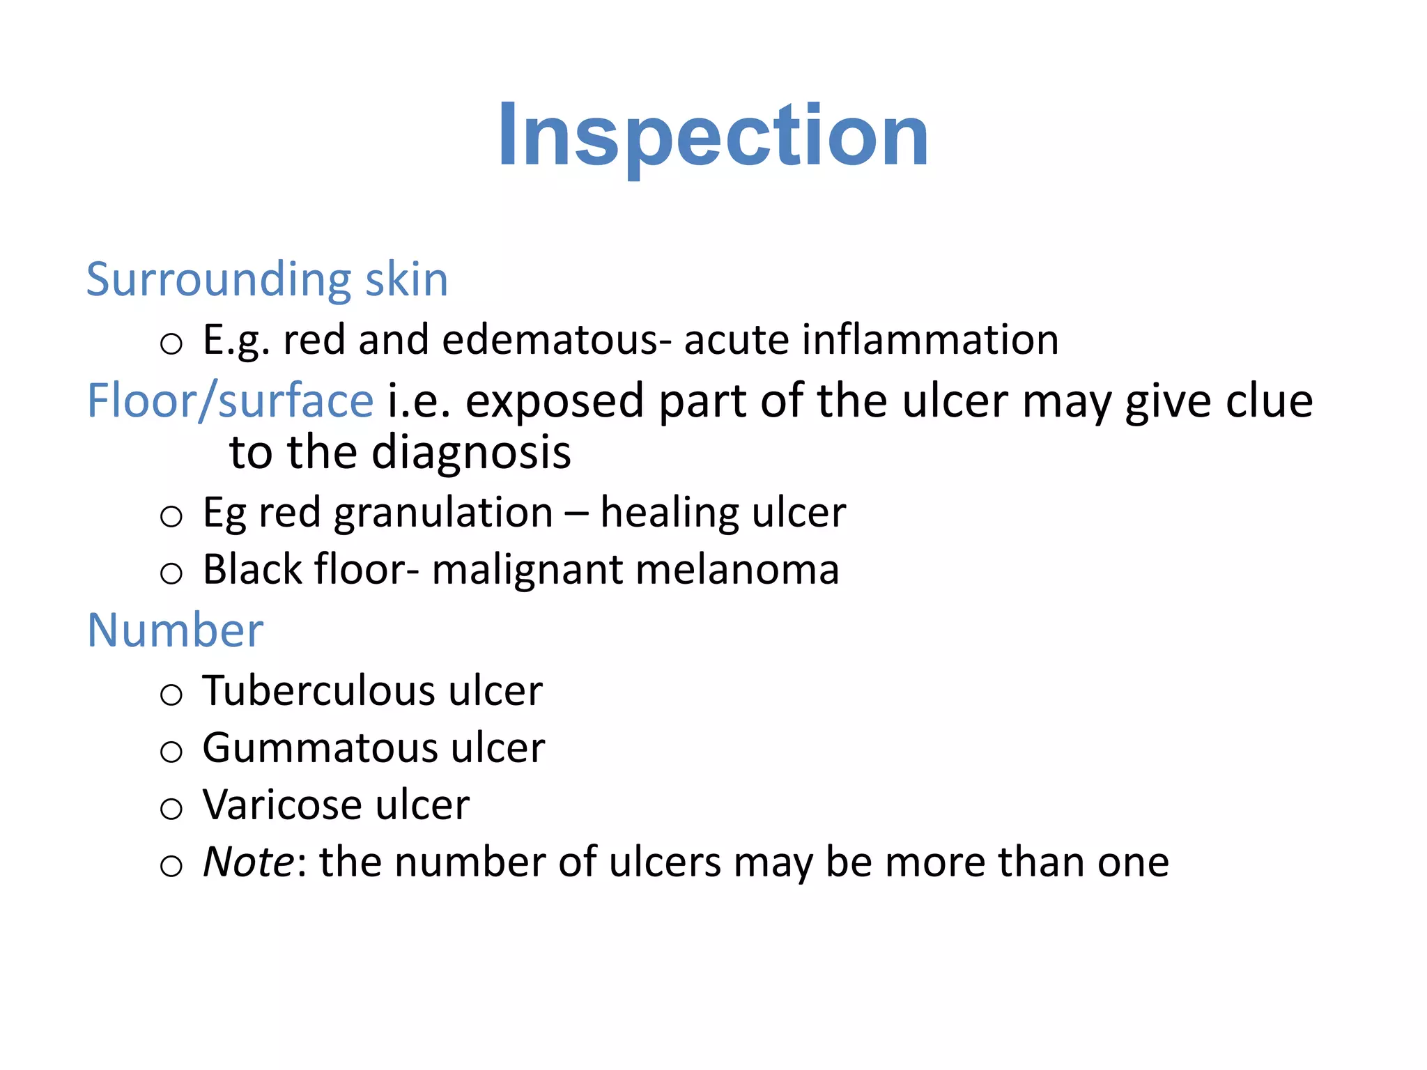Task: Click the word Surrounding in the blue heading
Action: [217, 280]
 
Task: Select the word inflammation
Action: [930, 340]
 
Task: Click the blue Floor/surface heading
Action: [230, 401]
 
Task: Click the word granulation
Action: [443, 513]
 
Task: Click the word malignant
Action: [527, 570]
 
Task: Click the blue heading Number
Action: [175, 630]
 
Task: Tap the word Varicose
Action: [282, 805]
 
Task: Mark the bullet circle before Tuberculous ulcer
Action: [171, 695]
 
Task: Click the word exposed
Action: [554, 403]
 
